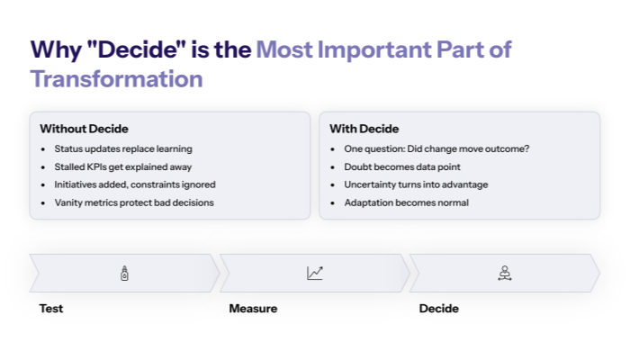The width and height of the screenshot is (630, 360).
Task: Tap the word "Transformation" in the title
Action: point(116,79)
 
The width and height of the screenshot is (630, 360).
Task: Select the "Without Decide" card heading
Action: point(90,129)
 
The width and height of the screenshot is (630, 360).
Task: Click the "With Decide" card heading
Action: point(364,129)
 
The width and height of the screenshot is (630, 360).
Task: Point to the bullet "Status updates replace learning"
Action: point(123,148)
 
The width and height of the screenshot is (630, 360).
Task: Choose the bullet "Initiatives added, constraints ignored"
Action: point(135,184)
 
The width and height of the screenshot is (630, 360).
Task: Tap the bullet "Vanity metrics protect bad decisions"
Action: point(133,202)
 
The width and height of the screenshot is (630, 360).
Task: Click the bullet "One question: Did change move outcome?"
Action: point(436,148)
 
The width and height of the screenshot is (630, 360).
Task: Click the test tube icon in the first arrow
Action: point(125,274)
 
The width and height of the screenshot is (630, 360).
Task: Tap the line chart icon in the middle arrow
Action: point(315,274)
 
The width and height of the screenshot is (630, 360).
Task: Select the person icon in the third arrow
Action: point(505,274)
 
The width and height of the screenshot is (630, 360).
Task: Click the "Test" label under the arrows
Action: point(51,309)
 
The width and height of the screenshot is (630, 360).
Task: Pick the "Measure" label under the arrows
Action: point(253,309)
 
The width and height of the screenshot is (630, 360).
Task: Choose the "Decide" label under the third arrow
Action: point(439,309)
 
